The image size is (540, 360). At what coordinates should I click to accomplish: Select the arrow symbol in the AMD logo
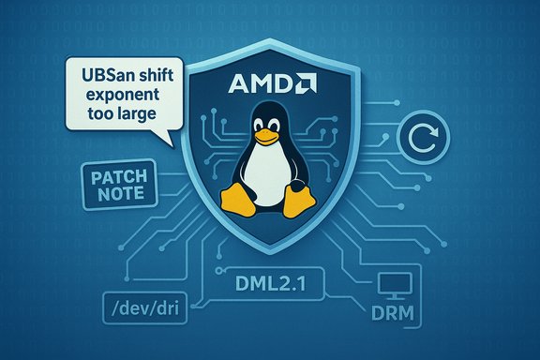point(306,85)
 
